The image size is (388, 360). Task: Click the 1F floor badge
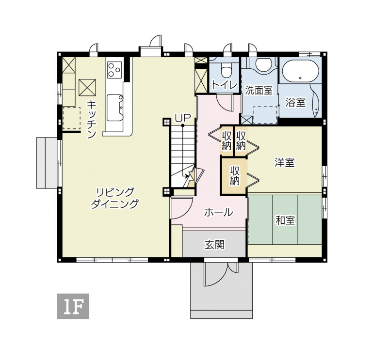tap(73, 306)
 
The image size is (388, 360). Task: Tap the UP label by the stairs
tap(183, 118)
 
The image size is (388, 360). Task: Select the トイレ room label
tap(225, 86)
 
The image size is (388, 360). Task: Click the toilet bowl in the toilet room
tap(226, 70)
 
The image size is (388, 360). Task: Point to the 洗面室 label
tap(259, 91)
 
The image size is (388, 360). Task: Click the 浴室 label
tap(295, 102)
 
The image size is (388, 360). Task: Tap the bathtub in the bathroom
tap(300, 71)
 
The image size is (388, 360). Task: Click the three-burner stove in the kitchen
tap(114, 69)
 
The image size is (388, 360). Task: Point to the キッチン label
tap(91, 120)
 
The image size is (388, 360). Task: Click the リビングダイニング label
tap(115, 198)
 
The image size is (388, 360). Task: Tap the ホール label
tap(219, 212)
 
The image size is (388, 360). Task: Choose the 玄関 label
tap(214, 245)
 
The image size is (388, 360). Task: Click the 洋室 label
tap(285, 162)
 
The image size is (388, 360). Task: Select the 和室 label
tap(285, 220)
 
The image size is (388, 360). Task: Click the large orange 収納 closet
tap(234, 176)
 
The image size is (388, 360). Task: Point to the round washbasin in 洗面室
tap(264, 64)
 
